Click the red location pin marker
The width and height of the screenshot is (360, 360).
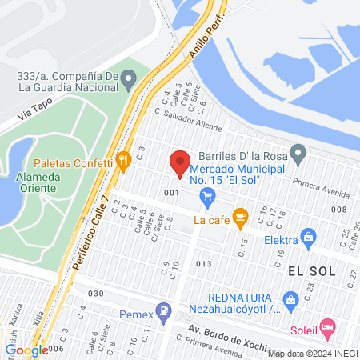(x=179, y=164)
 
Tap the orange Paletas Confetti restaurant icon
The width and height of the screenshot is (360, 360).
(x=122, y=160)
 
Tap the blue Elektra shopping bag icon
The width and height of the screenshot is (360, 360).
(x=307, y=237)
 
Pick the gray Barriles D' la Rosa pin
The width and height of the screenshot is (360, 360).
(x=298, y=151)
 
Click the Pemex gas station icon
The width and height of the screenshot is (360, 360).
(x=163, y=308)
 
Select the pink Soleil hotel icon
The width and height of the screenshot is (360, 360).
(x=326, y=326)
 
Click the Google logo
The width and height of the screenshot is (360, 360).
(x=26, y=350)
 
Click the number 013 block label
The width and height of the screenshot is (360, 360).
(x=202, y=263)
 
